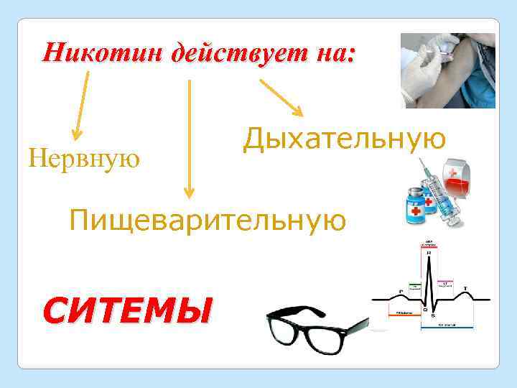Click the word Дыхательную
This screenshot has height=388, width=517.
click(x=344, y=137)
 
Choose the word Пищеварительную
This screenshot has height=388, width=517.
click(x=208, y=218)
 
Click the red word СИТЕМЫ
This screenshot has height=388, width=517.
click(x=128, y=312)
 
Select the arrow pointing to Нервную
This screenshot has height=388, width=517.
click(x=80, y=96)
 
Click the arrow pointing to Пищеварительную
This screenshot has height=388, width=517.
click(x=189, y=137)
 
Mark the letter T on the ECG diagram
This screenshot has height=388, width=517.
click(x=465, y=288)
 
